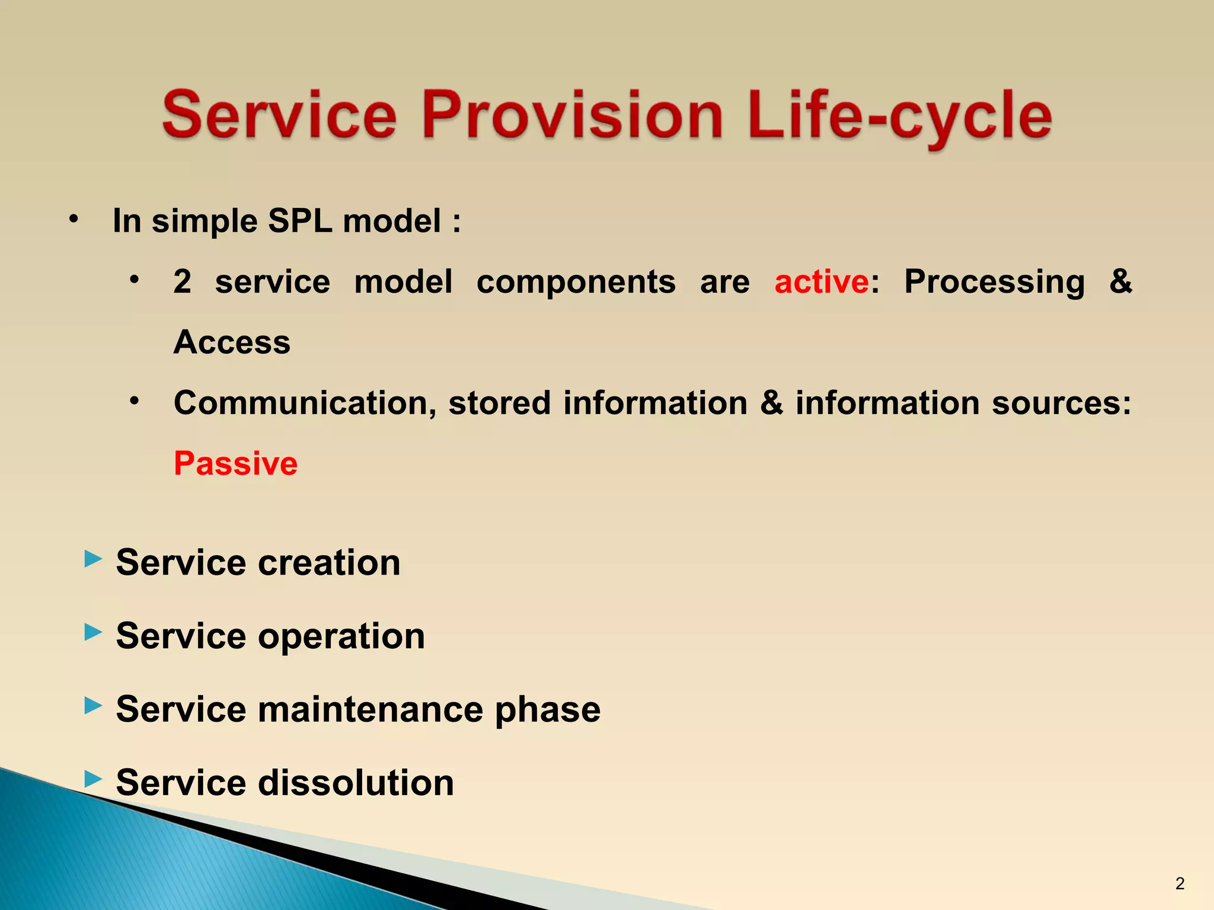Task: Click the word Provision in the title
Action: coord(572,114)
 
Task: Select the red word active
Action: coord(822,281)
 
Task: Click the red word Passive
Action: coord(235,463)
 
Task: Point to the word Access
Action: coord(232,342)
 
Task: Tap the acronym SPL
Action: coord(300,221)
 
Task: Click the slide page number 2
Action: coord(1180,884)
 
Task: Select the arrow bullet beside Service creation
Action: coord(93,558)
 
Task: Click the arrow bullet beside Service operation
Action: coord(93,632)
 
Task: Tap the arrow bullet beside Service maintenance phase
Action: coord(93,705)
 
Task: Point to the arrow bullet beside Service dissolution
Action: coord(93,778)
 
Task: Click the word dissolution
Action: coord(356,783)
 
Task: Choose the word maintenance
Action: coord(370,710)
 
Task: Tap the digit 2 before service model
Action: coord(183,281)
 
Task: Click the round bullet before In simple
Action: coord(74,220)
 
